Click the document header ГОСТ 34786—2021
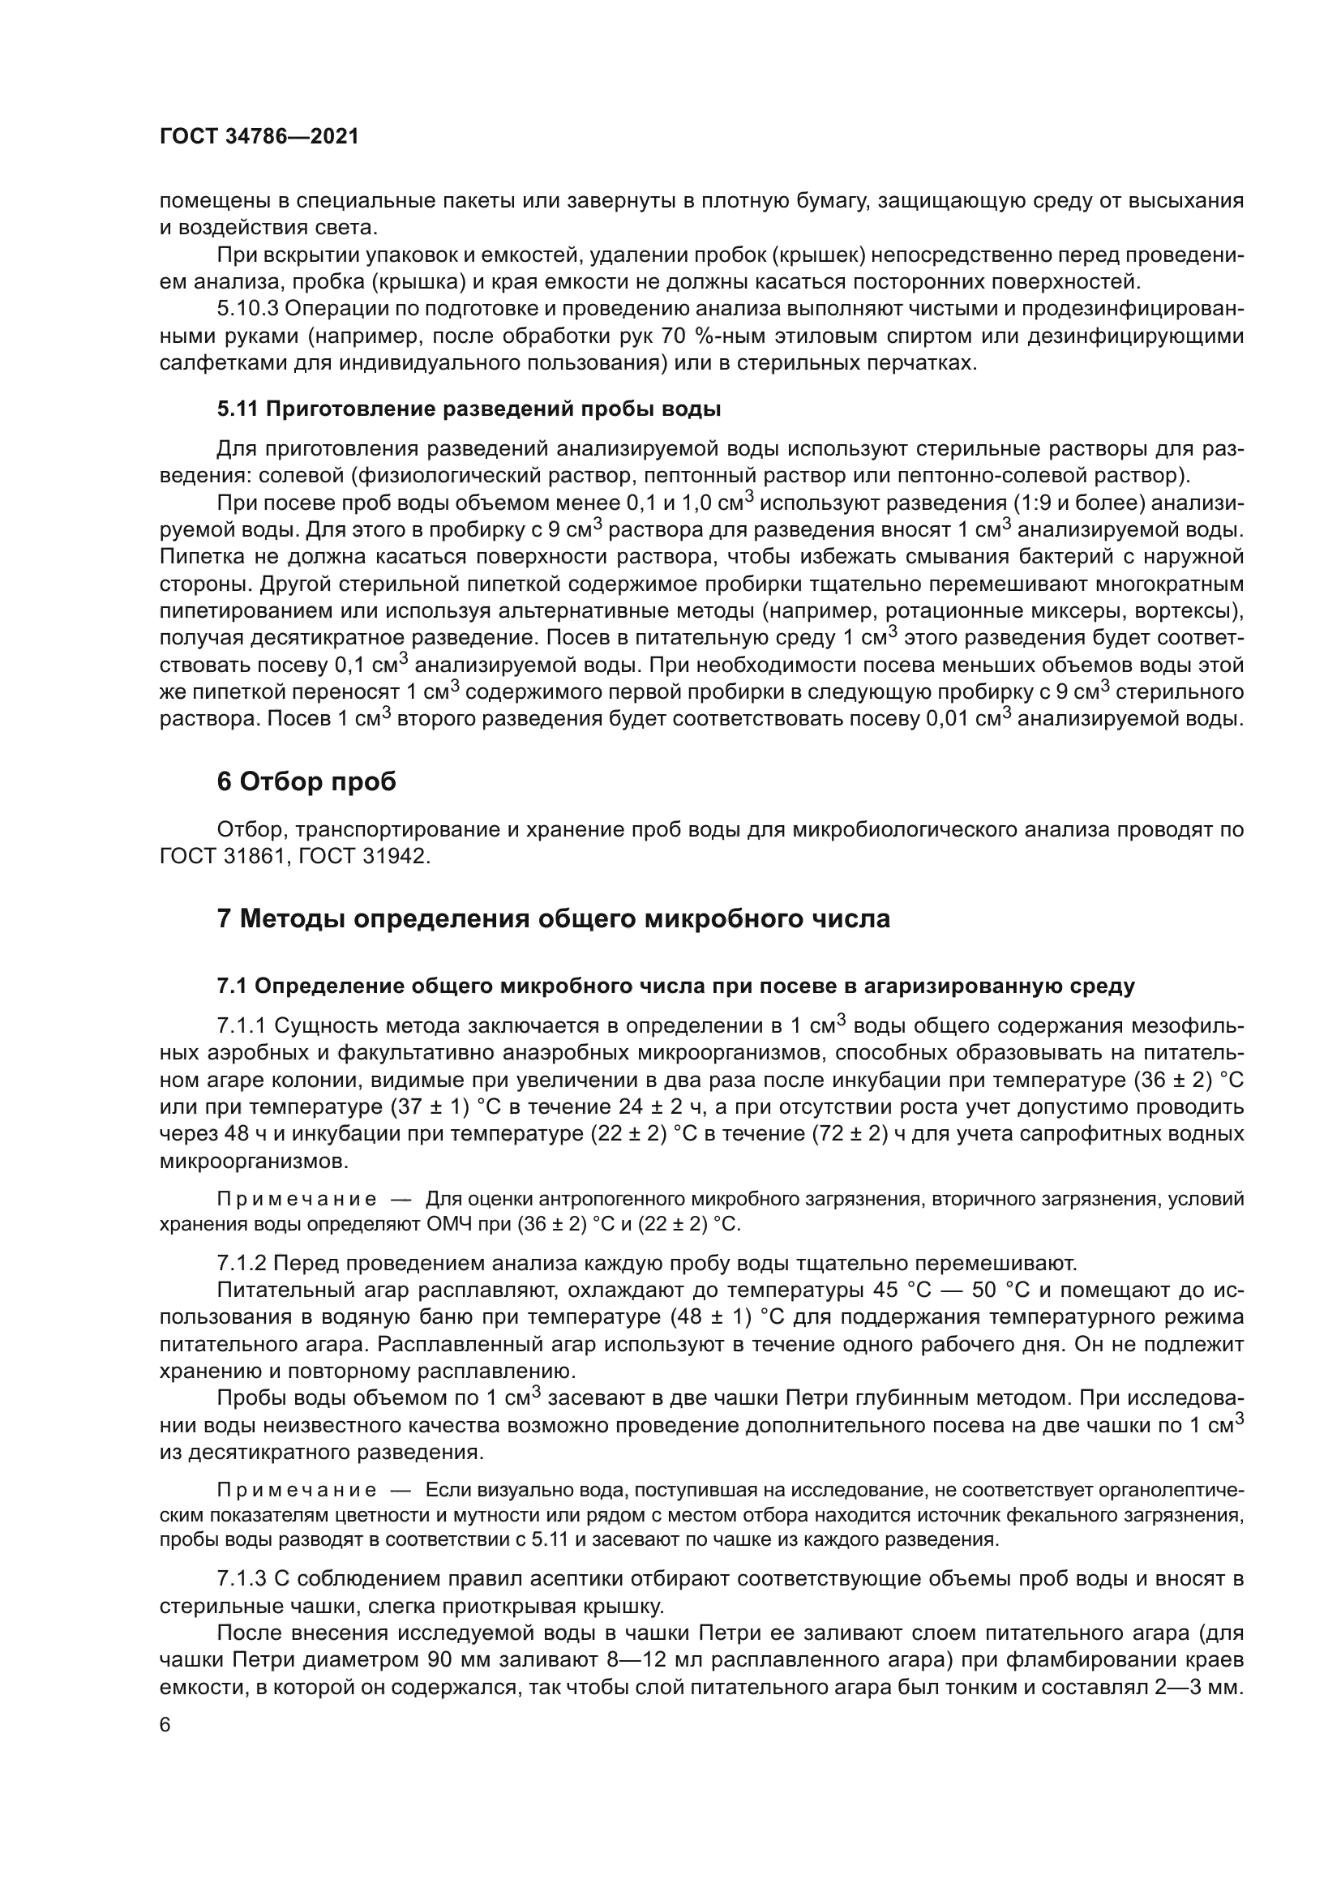(x=259, y=137)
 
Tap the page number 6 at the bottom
(x=165, y=1725)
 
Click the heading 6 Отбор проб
(x=306, y=781)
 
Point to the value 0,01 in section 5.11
(x=948, y=719)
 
